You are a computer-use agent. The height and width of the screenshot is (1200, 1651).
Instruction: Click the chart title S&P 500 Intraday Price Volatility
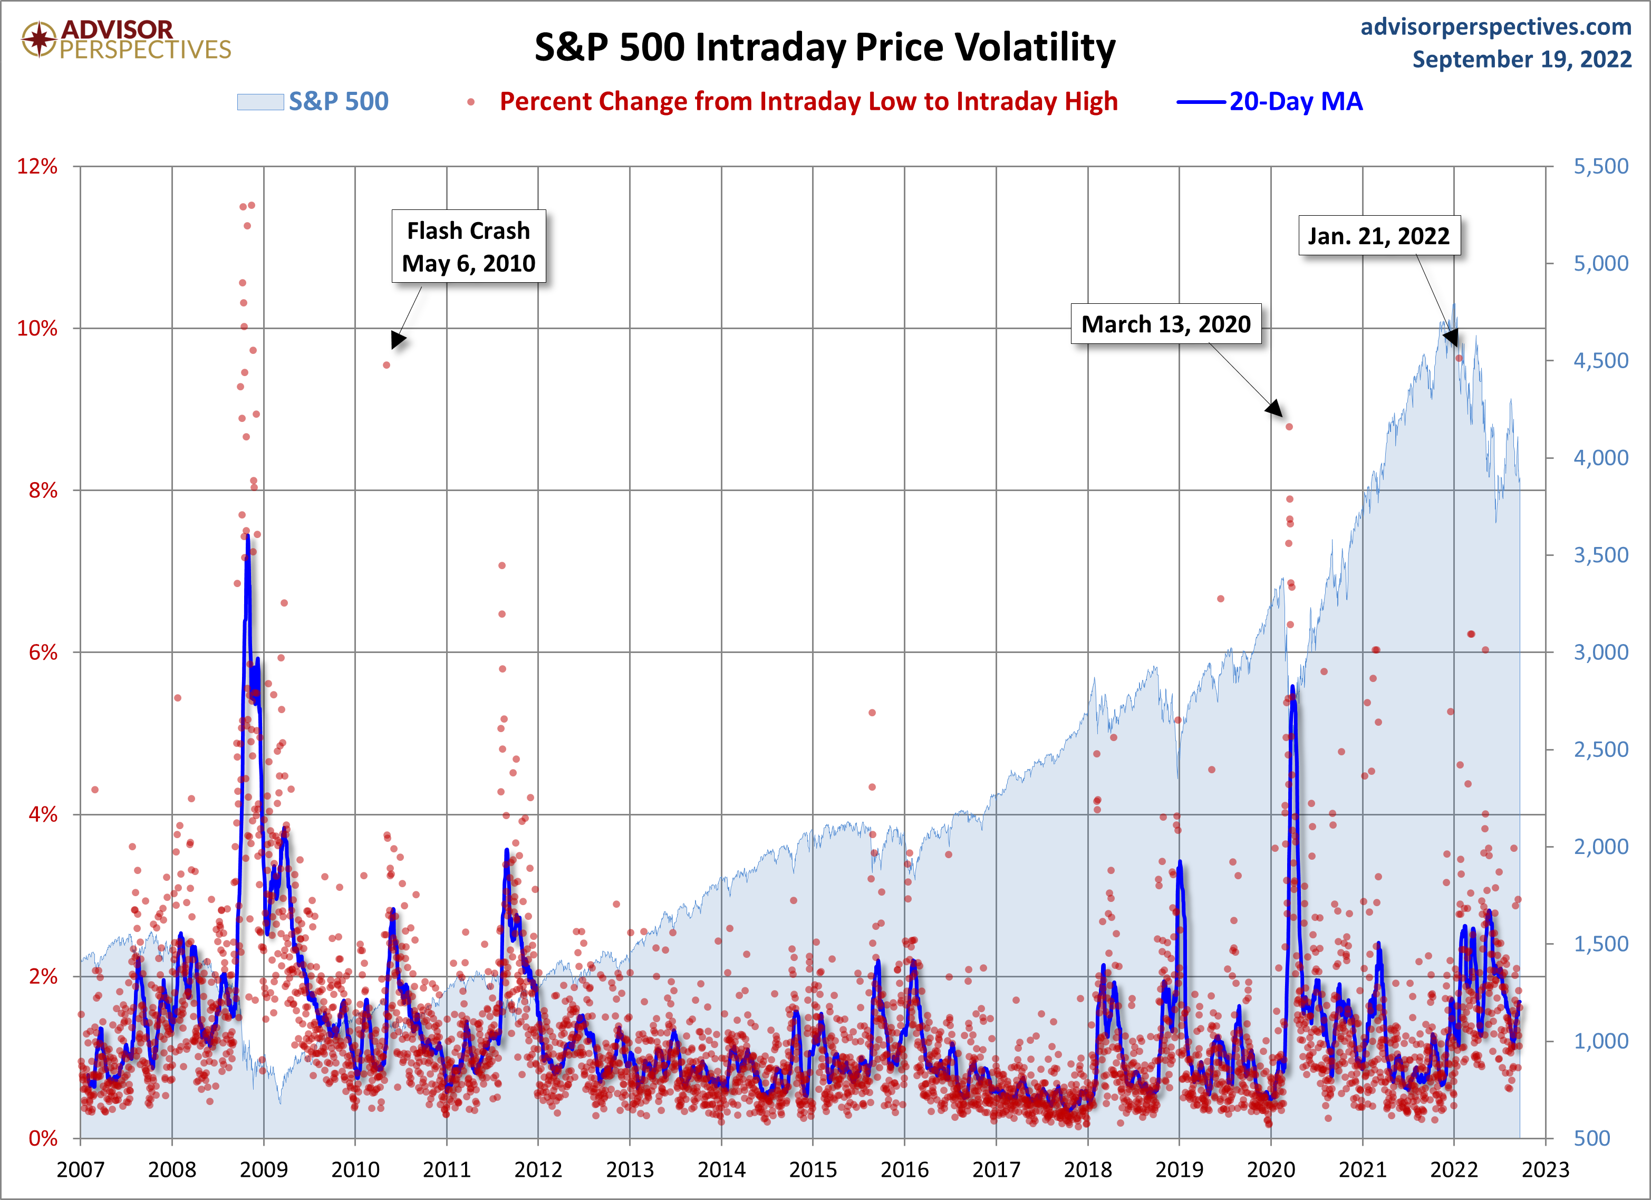pos(825,47)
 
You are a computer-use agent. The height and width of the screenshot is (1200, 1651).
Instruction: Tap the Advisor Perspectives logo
pos(126,40)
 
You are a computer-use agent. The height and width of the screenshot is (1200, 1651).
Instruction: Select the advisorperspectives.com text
pos(1495,27)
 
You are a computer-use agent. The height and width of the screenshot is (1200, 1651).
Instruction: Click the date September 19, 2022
pos(1521,59)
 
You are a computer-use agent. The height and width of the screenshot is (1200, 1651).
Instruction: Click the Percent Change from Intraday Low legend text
pos(808,101)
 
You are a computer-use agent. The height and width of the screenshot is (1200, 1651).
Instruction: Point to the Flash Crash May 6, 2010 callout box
pos(469,247)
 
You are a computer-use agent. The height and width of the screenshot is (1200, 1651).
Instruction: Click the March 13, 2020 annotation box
pos(1165,324)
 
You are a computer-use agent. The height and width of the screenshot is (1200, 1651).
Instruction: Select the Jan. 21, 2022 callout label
pos(1379,236)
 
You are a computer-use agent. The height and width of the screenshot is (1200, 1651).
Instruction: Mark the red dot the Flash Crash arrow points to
pos(387,365)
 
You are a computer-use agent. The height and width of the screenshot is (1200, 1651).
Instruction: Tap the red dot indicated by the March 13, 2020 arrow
pos(1289,427)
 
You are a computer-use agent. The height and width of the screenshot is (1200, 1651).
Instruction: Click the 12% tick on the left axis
pos(37,166)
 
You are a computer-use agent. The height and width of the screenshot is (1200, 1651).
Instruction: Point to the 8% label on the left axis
pos(42,490)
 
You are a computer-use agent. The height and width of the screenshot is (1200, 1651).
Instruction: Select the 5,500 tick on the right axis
pos(1601,166)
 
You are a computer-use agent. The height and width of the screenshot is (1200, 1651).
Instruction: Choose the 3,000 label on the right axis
pos(1601,652)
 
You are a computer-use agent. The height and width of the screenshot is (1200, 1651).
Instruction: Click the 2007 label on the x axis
pos(80,1169)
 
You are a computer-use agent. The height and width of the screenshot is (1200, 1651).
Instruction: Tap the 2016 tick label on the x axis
pos(904,1169)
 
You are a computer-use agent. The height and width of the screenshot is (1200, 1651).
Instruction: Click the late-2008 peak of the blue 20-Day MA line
pos(247,536)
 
